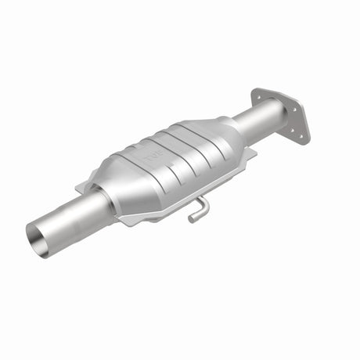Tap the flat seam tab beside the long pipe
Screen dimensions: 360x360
click(88, 187)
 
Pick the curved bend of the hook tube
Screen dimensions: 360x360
click(205, 203)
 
